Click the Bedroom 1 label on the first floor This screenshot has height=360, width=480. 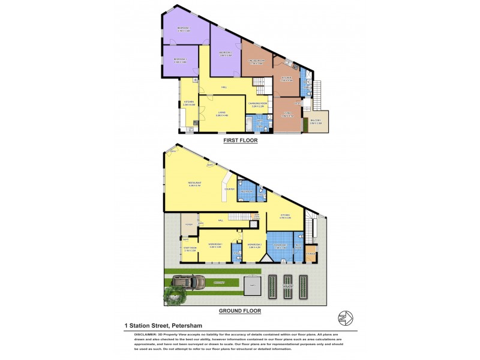(181, 59)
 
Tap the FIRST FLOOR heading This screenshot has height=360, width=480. (240, 140)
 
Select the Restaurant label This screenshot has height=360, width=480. (194, 184)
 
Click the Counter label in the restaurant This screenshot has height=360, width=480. (229, 190)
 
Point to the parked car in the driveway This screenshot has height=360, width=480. (188, 281)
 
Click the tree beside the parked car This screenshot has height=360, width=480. (175, 294)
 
